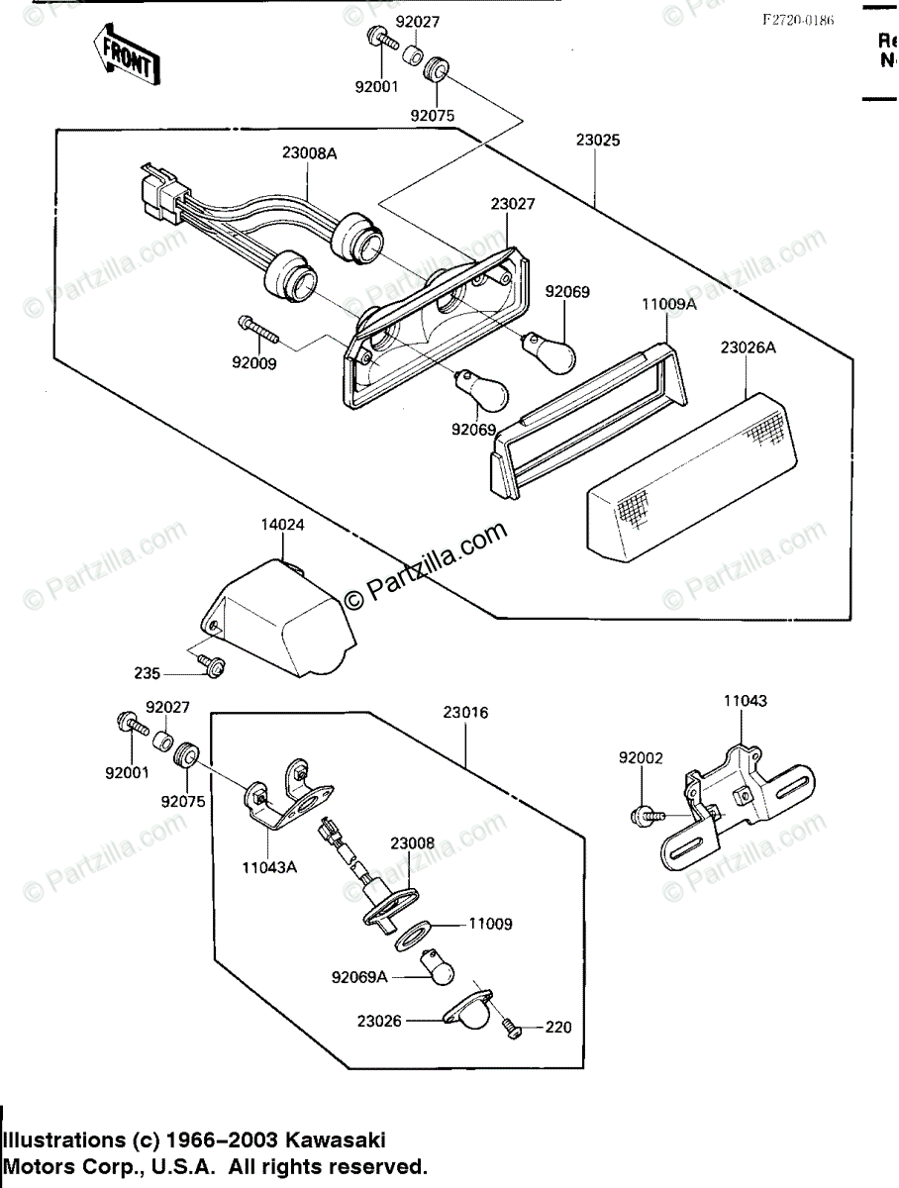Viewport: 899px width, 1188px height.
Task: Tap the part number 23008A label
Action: (308, 153)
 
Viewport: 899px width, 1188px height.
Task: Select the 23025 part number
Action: (597, 141)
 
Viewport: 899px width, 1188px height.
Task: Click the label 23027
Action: (512, 204)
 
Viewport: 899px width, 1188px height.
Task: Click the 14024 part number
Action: (282, 525)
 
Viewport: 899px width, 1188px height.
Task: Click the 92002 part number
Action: (641, 758)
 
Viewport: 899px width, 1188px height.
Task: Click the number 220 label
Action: (558, 1028)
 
